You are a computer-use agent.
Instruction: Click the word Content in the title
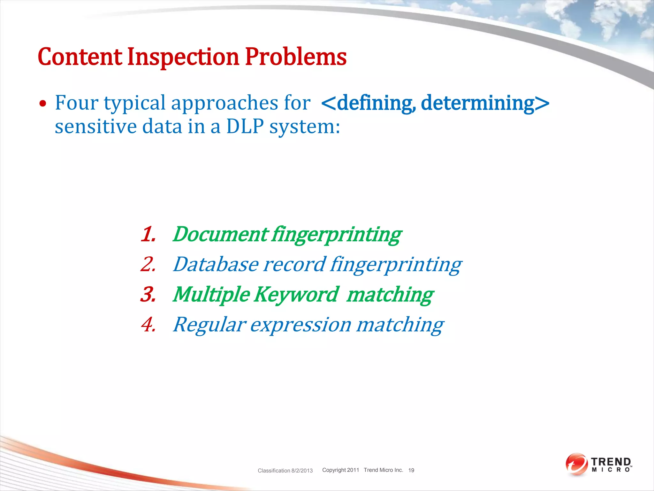coord(80,57)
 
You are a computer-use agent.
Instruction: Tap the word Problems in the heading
coord(295,57)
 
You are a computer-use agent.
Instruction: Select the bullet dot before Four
coord(42,104)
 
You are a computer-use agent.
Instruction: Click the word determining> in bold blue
coord(485,103)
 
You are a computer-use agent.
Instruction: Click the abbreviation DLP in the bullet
coord(245,127)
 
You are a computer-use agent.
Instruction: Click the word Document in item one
coord(220,234)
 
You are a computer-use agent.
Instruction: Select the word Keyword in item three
coord(296,294)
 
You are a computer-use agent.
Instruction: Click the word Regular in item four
coord(209,324)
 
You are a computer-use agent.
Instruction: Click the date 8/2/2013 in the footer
coord(302,471)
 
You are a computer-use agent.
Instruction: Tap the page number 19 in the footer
coord(411,470)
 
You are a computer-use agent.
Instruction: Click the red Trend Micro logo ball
coord(576,464)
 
